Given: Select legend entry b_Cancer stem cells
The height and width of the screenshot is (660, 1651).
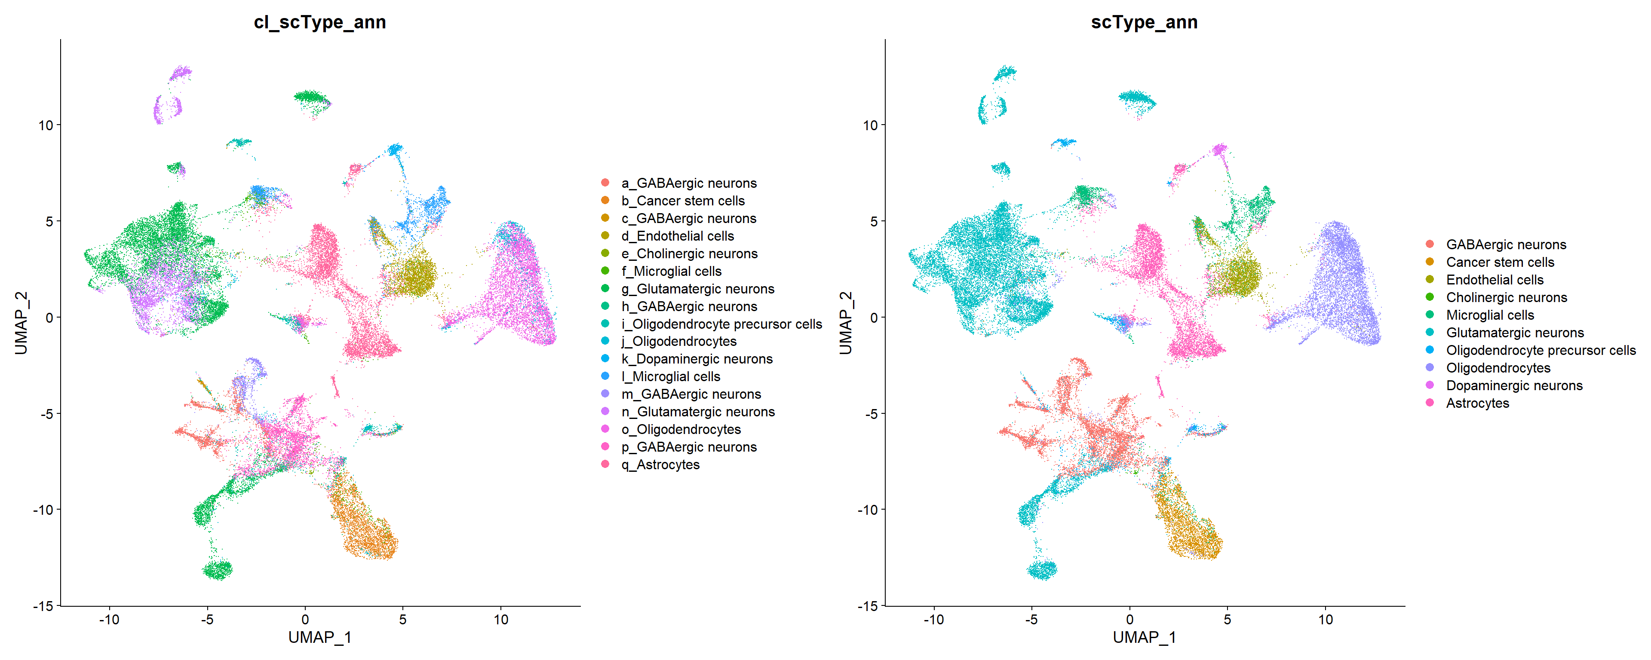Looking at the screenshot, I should (x=683, y=201).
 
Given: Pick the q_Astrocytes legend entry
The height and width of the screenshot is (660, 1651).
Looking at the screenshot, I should (x=660, y=464).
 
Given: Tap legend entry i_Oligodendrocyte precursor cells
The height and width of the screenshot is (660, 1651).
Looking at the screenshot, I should (x=721, y=324).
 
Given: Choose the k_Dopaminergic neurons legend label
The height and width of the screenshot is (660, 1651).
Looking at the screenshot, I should (x=697, y=359).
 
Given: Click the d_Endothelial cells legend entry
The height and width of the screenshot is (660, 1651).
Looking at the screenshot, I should (x=678, y=236).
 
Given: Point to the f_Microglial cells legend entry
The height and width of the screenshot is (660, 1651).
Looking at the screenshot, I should (x=671, y=271).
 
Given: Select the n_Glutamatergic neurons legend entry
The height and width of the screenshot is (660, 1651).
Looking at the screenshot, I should (x=698, y=412).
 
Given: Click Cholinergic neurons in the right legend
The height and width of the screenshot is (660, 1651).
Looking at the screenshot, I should (x=1506, y=297).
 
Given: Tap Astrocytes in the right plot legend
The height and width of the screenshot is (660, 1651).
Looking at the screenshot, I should (x=1477, y=403).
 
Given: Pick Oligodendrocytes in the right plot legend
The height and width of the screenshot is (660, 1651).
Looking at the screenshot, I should (x=1498, y=368).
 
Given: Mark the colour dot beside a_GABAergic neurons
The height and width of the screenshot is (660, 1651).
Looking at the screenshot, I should (x=605, y=183).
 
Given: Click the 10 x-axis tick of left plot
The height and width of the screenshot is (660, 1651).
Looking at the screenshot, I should (x=500, y=620).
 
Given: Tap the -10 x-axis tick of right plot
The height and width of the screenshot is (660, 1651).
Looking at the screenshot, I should (x=933, y=620).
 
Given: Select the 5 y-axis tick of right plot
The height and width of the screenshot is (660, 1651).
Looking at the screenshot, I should (x=874, y=221).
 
